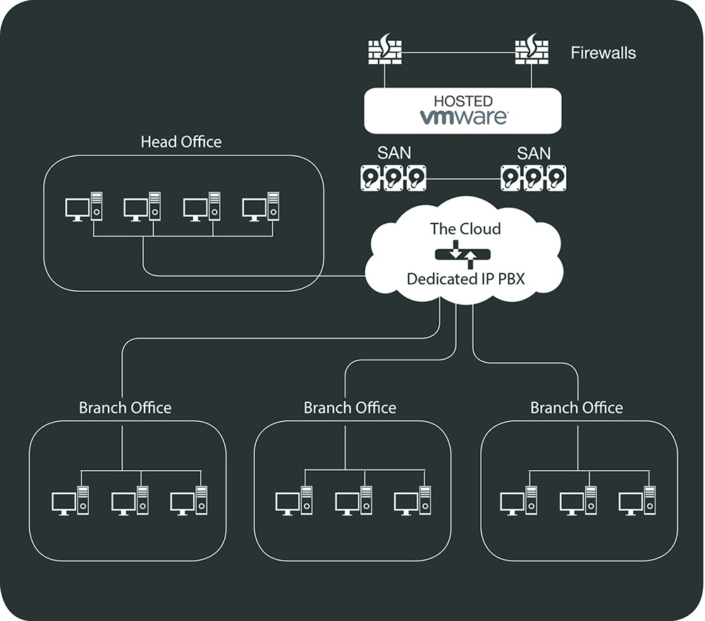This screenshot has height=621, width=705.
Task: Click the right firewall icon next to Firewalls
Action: (x=530, y=52)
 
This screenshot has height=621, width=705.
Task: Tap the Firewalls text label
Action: (x=603, y=53)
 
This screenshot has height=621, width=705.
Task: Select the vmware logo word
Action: (x=463, y=116)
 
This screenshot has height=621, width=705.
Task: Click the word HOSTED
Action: (x=463, y=101)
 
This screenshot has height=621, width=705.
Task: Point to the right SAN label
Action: (x=534, y=153)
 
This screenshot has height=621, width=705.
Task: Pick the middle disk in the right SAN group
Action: (x=534, y=178)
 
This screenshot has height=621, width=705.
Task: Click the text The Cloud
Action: (x=465, y=229)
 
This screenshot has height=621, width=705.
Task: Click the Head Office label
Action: (x=181, y=142)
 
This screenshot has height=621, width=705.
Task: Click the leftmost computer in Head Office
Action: (x=83, y=207)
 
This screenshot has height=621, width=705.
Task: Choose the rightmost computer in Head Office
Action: (x=261, y=207)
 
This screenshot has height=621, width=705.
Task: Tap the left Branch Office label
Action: (x=125, y=408)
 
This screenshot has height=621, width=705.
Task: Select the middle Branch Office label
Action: (x=350, y=408)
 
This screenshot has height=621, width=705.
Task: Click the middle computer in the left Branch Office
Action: (x=130, y=500)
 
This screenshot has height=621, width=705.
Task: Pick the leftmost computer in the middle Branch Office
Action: (x=294, y=500)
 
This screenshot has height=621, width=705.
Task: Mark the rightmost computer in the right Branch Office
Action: (x=637, y=500)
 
